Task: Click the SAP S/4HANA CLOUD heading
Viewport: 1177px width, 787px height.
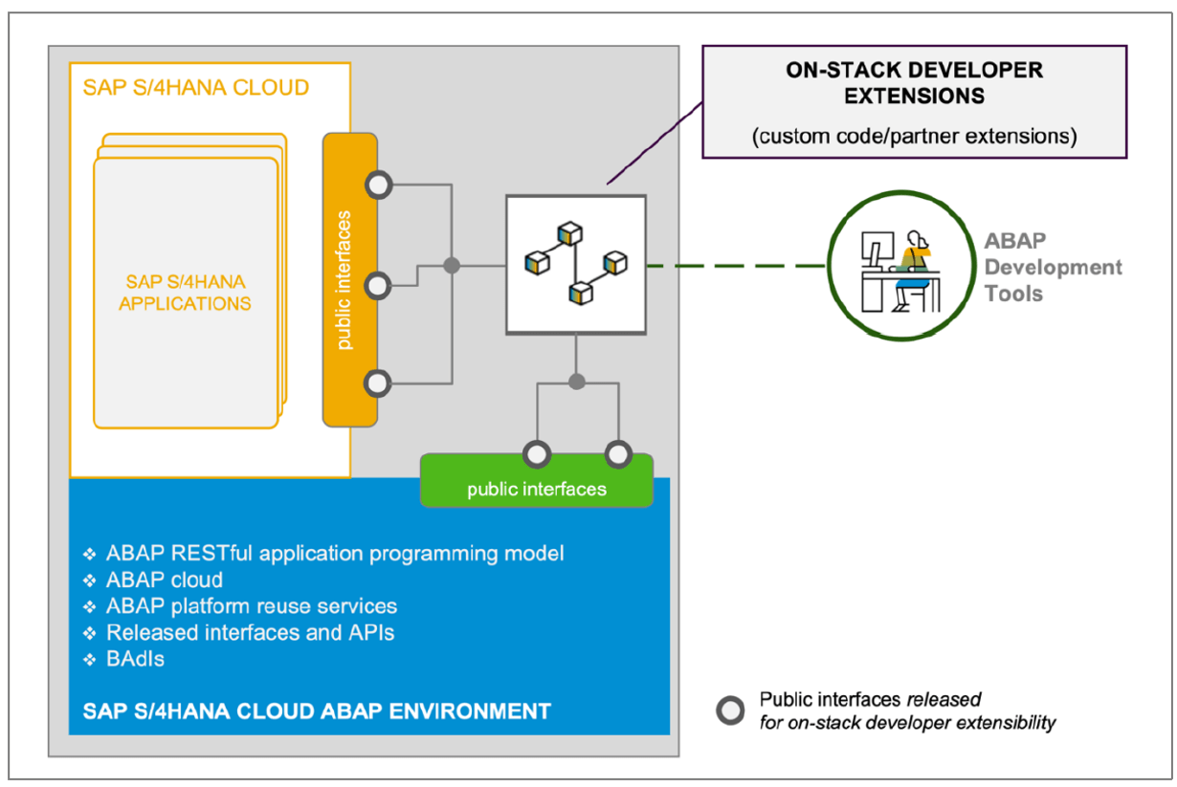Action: [x=196, y=88]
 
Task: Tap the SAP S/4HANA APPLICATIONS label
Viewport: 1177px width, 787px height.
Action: [x=185, y=293]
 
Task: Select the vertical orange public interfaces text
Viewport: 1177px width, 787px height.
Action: [x=344, y=280]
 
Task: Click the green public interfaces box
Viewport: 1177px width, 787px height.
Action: [x=537, y=481]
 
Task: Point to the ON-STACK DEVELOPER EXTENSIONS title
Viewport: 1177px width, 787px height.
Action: [x=914, y=83]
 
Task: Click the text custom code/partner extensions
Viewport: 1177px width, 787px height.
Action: [x=914, y=137]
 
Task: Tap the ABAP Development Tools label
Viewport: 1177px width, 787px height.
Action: [x=1053, y=267]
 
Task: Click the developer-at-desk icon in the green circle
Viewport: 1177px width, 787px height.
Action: [x=900, y=271]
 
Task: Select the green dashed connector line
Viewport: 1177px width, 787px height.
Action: [x=737, y=266]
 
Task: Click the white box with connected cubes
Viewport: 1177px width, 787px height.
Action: [x=576, y=265]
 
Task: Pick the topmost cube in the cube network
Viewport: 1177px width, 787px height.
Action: [x=569, y=233]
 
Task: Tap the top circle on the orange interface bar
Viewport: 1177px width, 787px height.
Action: [x=378, y=185]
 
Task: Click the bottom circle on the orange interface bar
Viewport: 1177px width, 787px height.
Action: [x=377, y=383]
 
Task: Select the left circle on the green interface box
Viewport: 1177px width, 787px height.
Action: [x=537, y=454]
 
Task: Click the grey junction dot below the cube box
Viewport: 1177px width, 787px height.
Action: [x=576, y=382]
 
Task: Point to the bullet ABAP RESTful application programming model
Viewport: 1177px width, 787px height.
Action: [x=323, y=554]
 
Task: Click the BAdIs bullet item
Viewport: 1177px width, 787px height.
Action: [x=123, y=659]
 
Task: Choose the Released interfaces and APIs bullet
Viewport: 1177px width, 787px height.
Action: [x=238, y=633]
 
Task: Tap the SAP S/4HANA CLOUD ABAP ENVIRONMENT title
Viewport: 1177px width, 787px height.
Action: [x=317, y=711]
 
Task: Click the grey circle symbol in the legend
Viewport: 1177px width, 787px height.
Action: [x=730, y=710]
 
